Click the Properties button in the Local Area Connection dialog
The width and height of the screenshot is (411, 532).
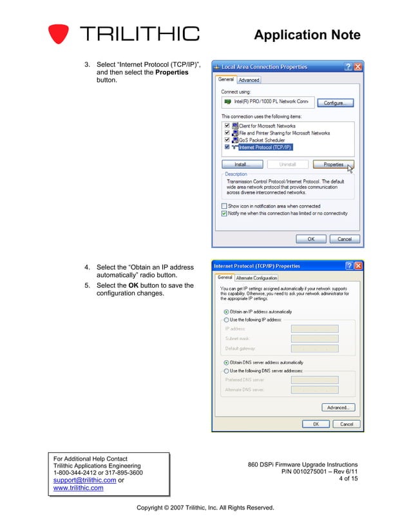(x=333, y=164)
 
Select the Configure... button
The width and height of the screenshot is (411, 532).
(x=338, y=102)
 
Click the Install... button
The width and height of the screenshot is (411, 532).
(x=241, y=164)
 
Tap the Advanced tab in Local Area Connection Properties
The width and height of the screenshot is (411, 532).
(x=249, y=80)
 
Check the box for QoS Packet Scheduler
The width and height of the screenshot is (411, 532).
(x=227, y=140)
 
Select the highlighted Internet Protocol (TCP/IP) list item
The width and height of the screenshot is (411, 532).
(x=264, y=147)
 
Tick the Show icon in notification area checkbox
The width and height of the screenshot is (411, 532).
(x=224, y=206)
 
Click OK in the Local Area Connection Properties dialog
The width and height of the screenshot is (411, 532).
(x=311, y=238)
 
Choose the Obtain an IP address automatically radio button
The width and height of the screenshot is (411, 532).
(x=226, y=312)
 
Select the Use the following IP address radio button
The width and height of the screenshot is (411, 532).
(x=226, y=319)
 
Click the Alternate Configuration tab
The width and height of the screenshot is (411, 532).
(x=256, y=278)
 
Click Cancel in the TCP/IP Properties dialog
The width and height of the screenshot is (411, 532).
(x=347, y=424)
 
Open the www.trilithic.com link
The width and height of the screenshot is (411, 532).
(x=77, y=488)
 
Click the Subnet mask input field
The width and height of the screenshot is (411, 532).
(x=314, y=338)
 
